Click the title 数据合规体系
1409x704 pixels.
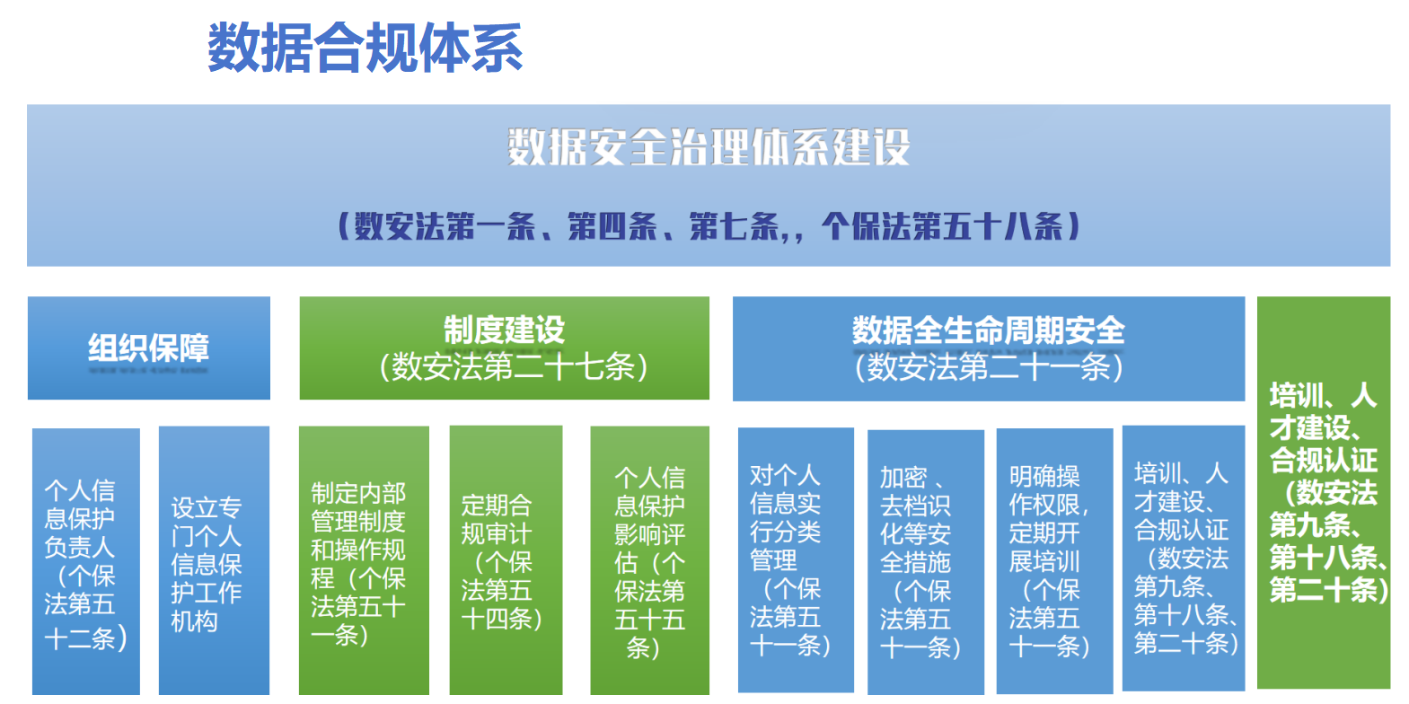[x=365, y=48]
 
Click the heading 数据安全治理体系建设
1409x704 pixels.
[x=709, y=147]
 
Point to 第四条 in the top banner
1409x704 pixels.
[x=612, y=226]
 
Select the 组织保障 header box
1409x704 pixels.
[x=149, y=348]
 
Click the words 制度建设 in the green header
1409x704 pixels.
[x=505, y=330]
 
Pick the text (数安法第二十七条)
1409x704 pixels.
[x=514, y=366]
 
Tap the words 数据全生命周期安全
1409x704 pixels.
[x=988, y=330]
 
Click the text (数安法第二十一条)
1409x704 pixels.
[x=989, y=366]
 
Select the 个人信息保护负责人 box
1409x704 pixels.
[x=86, y=561]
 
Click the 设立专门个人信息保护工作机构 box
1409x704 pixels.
[x=214, y=560]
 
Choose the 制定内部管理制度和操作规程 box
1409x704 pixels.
[x=365, y=560]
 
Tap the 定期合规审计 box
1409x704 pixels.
[x=506, y=560]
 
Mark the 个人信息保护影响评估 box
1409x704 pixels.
[x=650, y=560]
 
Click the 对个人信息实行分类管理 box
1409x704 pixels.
[x=796, y=560]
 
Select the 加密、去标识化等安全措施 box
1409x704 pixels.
[x=926, y=562]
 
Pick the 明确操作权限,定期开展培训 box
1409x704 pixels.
[x=1055, y=560]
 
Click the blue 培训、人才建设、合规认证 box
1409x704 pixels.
[x=1184, y=558]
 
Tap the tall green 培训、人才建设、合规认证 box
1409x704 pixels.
[x=1324, y=493]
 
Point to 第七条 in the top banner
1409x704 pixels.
[x=735, y=226]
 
